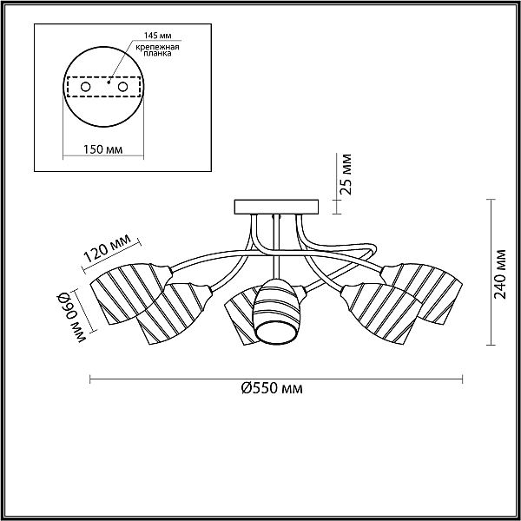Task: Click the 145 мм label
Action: (157, 36)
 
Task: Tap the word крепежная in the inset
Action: (157, 47)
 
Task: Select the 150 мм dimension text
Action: (103, 149)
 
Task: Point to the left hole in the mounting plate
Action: (86, 87)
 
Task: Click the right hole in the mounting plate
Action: (122, 87)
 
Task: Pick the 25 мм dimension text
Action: (346, 174)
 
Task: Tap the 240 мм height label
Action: (499, 274)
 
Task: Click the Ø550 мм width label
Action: (272, 388)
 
